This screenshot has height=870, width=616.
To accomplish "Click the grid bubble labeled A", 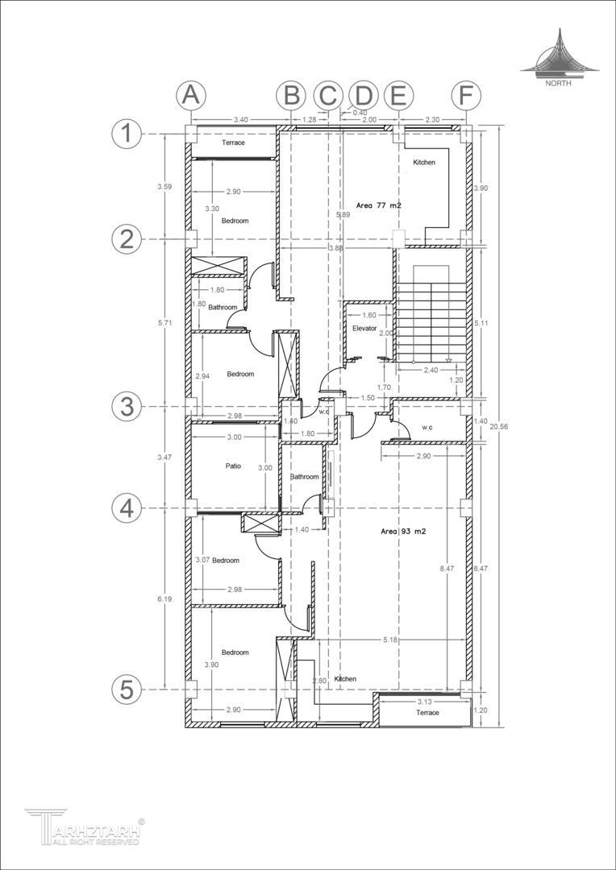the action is (191, 96).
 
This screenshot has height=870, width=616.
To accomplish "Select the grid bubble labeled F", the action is (466, 96).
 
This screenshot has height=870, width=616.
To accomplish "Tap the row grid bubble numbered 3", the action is (127, 408).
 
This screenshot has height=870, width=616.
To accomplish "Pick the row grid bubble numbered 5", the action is (127, 690).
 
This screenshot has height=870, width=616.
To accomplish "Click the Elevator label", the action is (364, 329).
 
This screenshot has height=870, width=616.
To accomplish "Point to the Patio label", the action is (233, 466).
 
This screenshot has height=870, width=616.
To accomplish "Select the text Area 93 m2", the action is (403, 531).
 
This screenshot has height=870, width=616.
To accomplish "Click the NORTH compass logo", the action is (559, 58).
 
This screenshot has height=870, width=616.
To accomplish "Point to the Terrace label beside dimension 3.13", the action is (427, 712).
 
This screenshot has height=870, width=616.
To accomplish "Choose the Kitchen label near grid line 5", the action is (345, 679).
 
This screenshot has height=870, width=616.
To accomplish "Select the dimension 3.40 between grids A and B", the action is (241, 119).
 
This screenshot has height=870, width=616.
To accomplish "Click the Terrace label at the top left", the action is (233, 143).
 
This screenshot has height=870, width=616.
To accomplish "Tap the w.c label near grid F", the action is (427, 427).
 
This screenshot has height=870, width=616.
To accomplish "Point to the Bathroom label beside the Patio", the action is (305, 477).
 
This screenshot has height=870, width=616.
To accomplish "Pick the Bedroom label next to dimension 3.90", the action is (235, 652).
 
